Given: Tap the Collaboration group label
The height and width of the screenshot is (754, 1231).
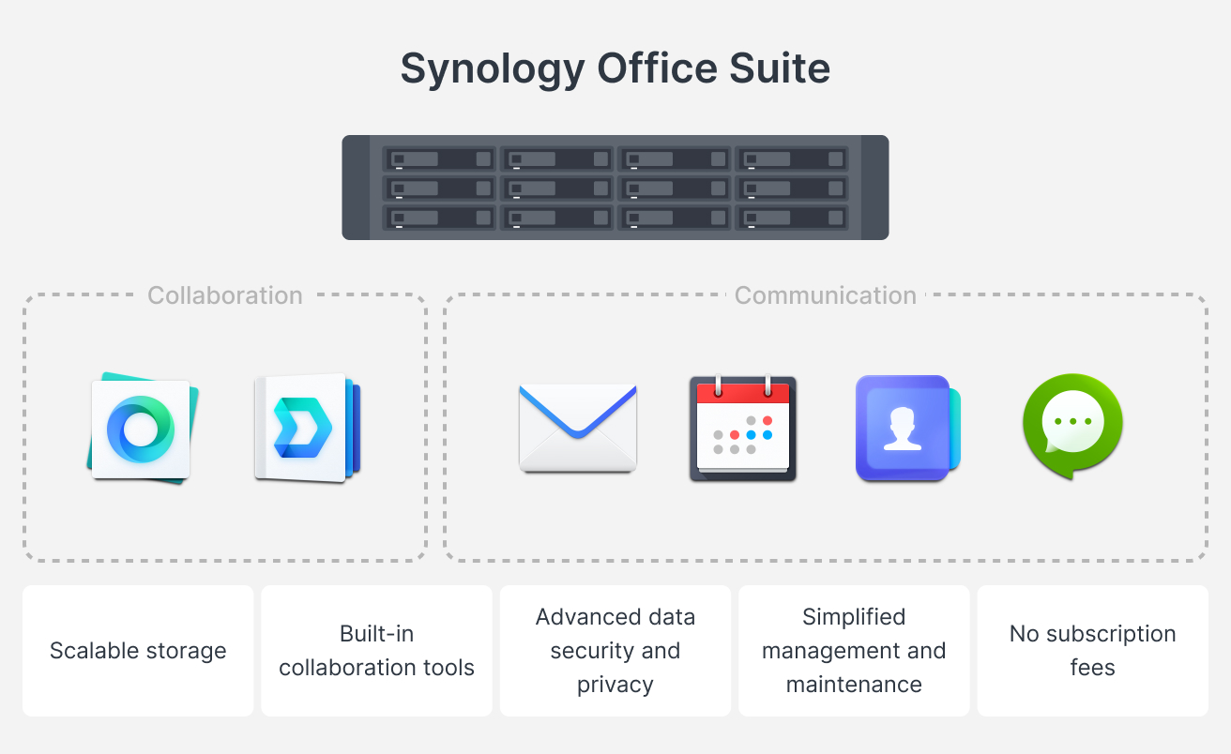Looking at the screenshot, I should (x=225, y=295).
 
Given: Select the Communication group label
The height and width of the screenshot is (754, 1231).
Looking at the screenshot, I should (x=826, y=295).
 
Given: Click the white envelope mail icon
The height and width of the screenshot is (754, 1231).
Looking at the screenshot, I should (x=577, y=428).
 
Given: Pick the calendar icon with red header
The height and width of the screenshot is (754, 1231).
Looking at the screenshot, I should (x=743, y=429).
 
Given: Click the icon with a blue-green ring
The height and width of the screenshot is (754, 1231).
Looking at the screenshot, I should (x=141, y=429).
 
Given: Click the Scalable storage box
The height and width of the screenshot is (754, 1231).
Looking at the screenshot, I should (x=138, y=651).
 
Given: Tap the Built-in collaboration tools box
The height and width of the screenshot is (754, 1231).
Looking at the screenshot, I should (x=377, y=651).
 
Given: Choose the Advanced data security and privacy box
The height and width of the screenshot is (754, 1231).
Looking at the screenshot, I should (x=615, y=651).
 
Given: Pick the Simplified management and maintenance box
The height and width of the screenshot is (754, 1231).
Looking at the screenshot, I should (x=854, y=651).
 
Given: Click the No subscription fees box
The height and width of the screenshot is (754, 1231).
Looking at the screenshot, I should (x=1093, y=651).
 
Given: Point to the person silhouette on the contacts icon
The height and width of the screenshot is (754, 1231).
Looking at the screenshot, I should (x=903, y=429).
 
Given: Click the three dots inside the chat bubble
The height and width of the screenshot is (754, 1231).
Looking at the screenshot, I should (x=1071, y=421).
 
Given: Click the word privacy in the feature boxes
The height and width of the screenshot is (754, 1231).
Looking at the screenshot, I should (x=615, y=685).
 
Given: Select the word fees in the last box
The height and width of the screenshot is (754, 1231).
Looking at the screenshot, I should (x=1093, y=668).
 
